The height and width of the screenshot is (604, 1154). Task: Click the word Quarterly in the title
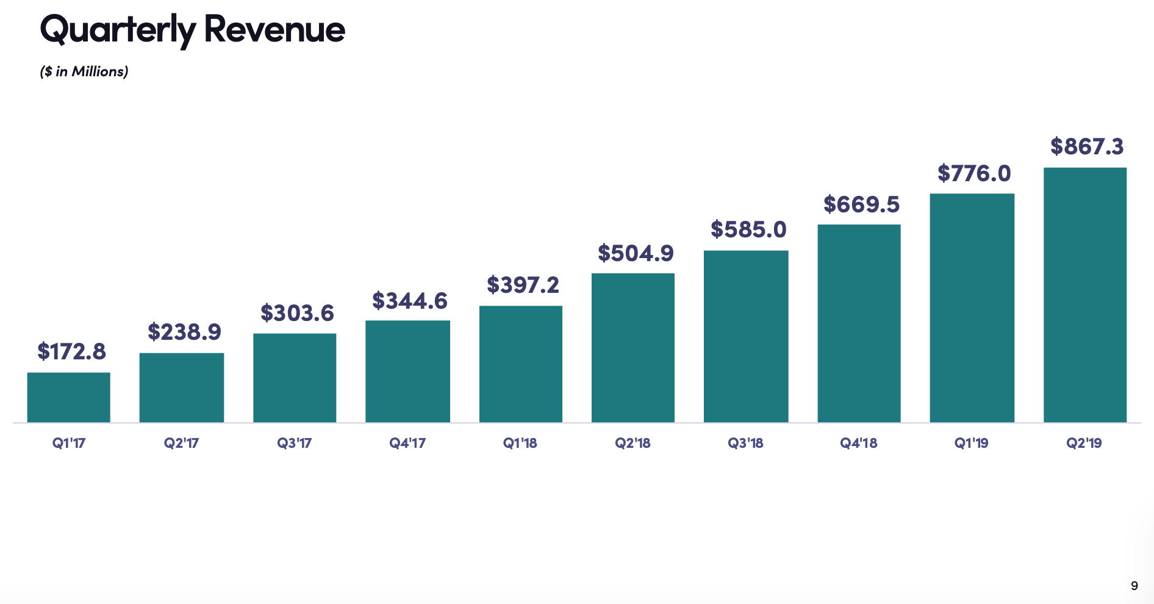pos(118,29)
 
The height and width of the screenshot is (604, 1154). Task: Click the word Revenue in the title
pos(274,29)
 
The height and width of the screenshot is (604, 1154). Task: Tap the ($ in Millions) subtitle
pos(84,71)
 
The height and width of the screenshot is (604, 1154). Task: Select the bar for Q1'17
pos(69,397)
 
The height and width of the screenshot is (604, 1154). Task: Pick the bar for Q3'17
pos(295,378)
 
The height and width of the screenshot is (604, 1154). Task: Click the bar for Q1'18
pos(521,364)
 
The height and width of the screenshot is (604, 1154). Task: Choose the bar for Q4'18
pos(859,323)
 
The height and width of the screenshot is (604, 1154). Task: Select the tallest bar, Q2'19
pos(1085,295)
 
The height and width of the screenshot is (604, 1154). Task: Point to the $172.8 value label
pos(71,351)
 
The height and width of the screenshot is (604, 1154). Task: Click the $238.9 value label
pos(184,332)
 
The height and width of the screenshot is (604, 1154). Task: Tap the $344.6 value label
pos(410,301)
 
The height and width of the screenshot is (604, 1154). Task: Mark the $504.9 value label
pos(636,253)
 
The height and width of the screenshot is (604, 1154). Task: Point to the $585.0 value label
pos(748,229)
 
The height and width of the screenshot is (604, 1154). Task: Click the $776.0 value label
pos(974,173)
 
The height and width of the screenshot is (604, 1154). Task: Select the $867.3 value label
pos(1087,146)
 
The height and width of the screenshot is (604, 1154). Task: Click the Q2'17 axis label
pos(181,443)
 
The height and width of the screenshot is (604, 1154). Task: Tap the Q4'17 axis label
pos(407,443)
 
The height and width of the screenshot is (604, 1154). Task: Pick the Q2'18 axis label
pos(633,443)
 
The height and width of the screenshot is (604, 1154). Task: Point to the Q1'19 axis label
pos(971,443)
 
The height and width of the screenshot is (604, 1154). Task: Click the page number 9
pos(1134,585)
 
